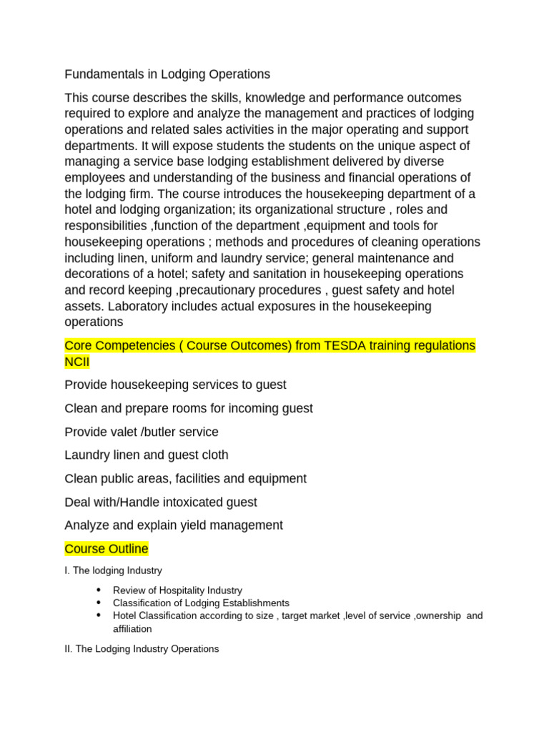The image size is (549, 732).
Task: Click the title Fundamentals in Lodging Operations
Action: (167, 74)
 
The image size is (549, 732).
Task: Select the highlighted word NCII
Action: (77, 362)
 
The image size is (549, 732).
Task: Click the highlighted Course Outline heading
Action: (107, 549)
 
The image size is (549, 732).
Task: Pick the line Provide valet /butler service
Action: (142, 432)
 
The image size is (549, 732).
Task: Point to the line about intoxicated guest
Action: (160, 503)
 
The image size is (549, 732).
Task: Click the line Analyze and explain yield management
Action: (173, 525)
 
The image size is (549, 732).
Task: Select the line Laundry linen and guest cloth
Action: (146, 455)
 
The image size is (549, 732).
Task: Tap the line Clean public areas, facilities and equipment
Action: (185, 479)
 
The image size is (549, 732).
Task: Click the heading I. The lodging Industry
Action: (113, 571)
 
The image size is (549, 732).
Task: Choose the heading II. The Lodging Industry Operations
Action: (142, 649)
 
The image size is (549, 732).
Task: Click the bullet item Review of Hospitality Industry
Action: (177, 590)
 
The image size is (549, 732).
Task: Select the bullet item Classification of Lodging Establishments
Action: (201, 603)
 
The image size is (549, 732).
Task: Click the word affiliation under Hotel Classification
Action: (132, 629)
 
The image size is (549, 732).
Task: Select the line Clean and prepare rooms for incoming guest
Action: (188, 409)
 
